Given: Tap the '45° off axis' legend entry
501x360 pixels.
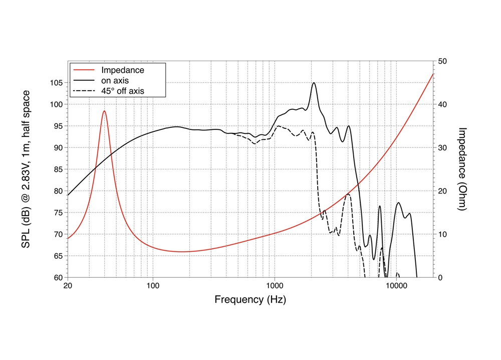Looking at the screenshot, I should point(123,91).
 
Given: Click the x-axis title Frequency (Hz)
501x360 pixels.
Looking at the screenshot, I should point(250,300).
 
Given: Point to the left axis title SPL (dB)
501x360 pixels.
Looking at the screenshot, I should point(26,169).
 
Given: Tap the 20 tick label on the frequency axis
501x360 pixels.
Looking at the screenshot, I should point(68,286).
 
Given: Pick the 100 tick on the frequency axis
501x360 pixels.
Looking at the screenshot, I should point(153,286).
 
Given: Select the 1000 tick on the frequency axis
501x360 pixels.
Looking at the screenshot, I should point(275,286).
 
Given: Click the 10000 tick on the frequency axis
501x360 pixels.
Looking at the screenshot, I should point(396,286).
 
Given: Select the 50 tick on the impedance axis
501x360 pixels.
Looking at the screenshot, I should point(442,61).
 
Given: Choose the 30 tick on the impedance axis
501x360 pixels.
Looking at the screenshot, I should point(442,148).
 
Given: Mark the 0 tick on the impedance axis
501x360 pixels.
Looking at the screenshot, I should point(440,277).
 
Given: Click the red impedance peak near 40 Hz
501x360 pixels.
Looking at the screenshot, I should point(104,111).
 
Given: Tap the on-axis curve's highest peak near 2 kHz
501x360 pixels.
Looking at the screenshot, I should point(314,83).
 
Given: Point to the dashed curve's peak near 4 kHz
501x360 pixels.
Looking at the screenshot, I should point(348,194).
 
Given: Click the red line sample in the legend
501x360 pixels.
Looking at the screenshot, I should point(84,70).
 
